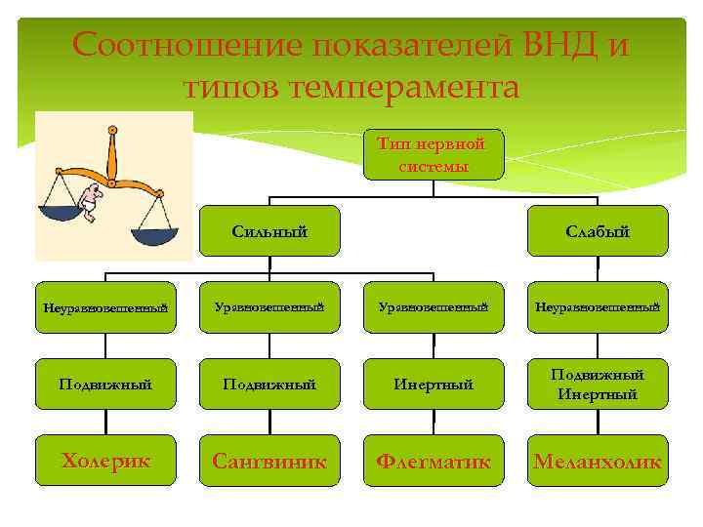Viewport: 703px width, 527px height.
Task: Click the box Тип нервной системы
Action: coord(434,154)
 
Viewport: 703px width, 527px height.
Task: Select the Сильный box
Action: coord(269,231)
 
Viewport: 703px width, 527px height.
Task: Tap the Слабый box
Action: coord(597,231)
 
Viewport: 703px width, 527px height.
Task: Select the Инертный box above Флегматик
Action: coord(434,385)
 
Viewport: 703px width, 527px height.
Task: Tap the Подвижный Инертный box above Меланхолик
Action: coord(597,385)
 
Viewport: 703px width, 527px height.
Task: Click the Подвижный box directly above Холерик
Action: coord(106,385)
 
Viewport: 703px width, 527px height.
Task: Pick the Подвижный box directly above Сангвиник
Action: coord(269,385)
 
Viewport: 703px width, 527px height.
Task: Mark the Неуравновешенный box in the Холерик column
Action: coord(106,308)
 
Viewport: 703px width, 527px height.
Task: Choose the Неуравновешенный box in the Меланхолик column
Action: coord(597,308)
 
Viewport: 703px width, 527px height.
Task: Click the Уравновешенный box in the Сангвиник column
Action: coord(269,308)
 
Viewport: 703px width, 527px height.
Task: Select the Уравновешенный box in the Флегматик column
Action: coord(434,308)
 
